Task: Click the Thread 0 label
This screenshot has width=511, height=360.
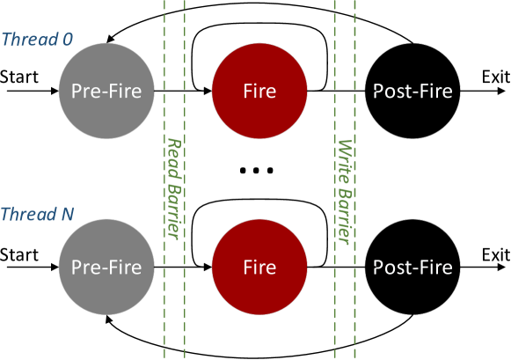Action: (37, 40)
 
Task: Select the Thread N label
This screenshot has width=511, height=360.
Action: (37, 215)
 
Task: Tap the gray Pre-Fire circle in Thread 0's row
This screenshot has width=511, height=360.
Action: (106, 91)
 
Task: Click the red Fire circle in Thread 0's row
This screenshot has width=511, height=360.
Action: (259, 91)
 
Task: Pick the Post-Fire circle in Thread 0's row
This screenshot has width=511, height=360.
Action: (412, 91)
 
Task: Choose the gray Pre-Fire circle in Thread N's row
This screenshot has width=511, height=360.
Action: (106, 267)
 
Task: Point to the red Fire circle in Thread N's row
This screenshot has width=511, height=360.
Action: (259, 267)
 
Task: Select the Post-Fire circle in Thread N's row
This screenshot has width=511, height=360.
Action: (412, 267)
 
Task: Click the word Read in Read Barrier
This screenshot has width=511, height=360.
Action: (174, 155)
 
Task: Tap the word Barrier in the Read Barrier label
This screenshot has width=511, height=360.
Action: (174, 208)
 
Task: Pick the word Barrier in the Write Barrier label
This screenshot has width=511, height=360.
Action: (345, 211)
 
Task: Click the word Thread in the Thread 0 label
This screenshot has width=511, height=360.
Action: (29, 40)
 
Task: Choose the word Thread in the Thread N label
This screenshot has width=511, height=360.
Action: (29, 215)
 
